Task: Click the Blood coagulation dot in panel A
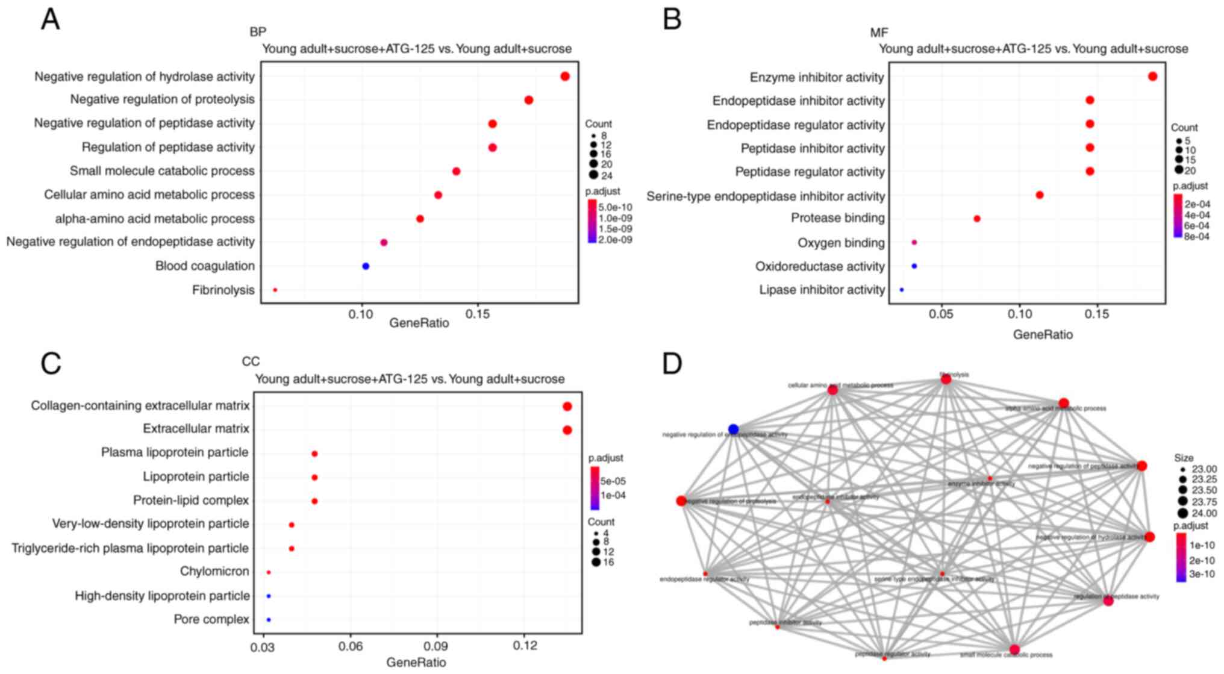[x=366, y=266]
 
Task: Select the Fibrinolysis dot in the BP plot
[x=275, y=290]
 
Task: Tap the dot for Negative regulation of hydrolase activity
[x=565, y=76]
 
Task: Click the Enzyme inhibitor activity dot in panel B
[x=1152, y=76]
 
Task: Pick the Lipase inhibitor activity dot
[x=902, y=290]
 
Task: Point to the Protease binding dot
[x=977, y=219]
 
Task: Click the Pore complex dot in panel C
[x=269, y=620]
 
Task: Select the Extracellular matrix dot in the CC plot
[x=567, y=430]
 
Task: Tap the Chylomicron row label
[x=214, y=571]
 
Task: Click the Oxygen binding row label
[x=841, y=243]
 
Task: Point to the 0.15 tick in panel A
[x=478, y=314]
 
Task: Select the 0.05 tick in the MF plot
[x=941, y=314]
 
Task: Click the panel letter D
[x=672, y=363]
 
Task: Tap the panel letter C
[x=51, y=363]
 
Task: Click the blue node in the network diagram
[x=733, y=429]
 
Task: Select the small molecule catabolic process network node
[x=1014, y=649]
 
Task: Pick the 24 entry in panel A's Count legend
[x=606, y=176]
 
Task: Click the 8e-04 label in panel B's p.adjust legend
[x=1197, y=237]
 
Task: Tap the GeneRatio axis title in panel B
[x=1043, y=334]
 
